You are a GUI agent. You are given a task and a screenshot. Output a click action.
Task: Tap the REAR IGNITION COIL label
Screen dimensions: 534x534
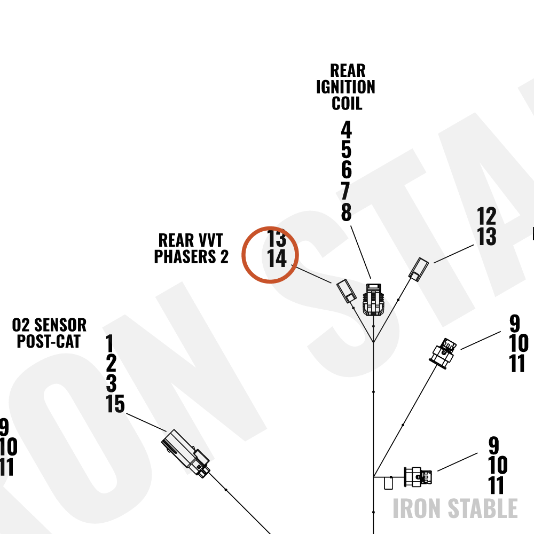point(346,87)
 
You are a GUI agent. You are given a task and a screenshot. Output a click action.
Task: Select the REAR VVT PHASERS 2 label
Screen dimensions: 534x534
point(191,248)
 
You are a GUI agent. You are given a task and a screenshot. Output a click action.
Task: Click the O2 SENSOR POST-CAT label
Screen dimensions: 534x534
point(49,333)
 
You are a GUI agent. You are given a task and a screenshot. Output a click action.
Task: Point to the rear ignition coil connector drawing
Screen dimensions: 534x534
point(373,300)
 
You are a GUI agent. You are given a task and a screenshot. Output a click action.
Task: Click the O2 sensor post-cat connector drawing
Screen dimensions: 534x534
point(186,453)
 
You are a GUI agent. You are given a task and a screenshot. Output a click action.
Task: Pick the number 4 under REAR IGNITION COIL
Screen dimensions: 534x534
point(347,130)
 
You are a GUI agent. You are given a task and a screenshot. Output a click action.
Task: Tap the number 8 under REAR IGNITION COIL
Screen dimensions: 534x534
point(347,212)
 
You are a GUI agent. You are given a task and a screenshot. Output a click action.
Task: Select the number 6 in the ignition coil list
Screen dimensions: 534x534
point(347,170)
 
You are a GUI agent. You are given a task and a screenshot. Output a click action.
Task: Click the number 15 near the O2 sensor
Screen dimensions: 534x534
point(115,404)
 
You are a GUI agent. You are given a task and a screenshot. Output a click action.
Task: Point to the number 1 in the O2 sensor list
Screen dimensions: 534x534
point(109,343)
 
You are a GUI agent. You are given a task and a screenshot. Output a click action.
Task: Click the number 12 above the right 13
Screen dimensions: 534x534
point(486,216)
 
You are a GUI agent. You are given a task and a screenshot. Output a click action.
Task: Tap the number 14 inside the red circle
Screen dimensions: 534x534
point(277,258)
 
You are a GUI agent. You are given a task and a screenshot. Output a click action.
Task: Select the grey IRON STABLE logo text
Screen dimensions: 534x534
point(455,508)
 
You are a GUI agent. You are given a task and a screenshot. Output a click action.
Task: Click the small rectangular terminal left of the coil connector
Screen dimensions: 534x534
point(347,291)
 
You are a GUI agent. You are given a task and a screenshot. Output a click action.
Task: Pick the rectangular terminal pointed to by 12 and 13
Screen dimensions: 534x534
point(419,269)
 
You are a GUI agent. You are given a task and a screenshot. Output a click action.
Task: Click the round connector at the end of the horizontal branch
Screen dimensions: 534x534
point(418,477)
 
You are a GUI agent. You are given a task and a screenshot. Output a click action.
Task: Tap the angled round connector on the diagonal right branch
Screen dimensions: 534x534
point(443,354)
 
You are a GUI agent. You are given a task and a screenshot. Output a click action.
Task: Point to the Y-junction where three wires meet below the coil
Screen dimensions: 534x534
point(374,342)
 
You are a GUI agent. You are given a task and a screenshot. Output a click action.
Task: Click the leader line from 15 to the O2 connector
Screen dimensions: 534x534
point(146,422)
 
